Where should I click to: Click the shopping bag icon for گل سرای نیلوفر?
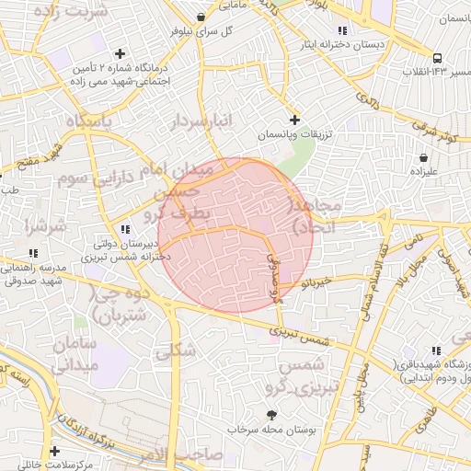201,17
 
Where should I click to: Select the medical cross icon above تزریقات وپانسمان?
294,120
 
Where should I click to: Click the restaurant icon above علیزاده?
417,155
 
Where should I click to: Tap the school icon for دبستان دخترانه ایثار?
343,30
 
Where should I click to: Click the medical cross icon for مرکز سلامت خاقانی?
56,451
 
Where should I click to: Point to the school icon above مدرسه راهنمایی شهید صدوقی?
34,252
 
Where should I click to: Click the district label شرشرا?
43,224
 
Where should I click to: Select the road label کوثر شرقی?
435,129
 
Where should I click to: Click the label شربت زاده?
70,11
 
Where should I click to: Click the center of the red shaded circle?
235,235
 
